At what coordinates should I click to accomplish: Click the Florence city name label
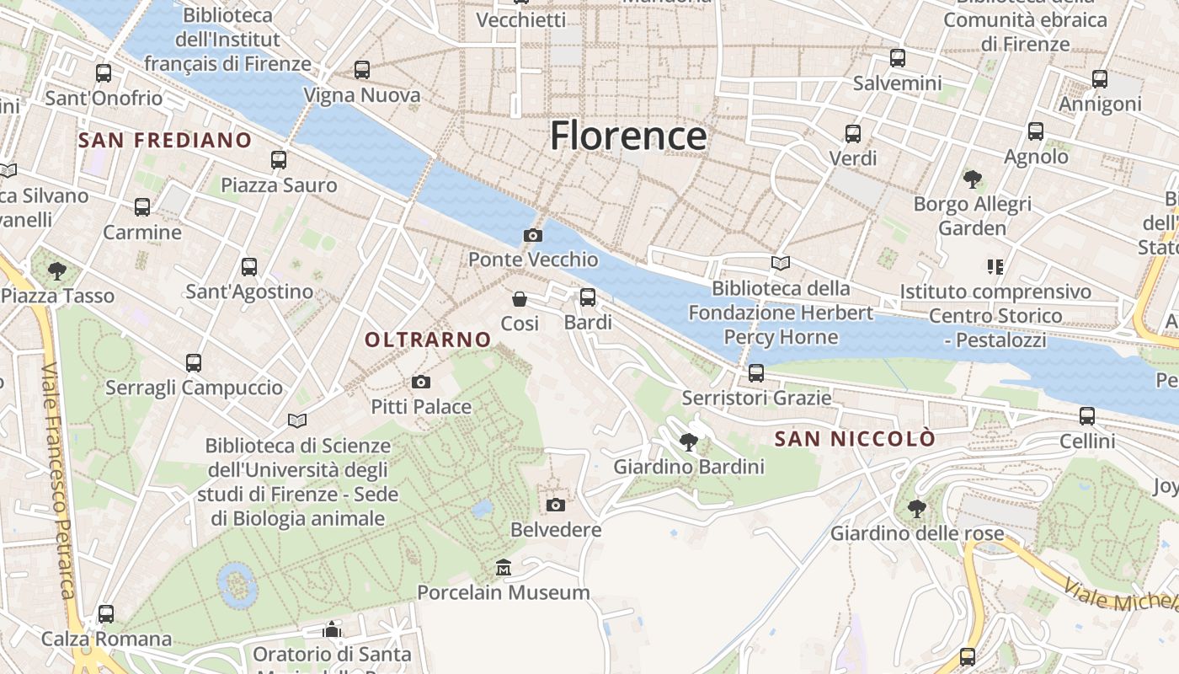(x=628, y=136)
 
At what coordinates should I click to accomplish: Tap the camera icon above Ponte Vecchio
(x=533, y=235)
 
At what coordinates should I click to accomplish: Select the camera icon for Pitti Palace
(x=421, y=382)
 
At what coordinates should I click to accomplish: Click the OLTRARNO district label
(x=428, y=340)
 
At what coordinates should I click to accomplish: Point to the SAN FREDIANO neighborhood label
(x=165, y=140)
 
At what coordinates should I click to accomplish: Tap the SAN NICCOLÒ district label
(x=855, y=439)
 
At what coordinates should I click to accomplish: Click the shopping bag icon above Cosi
(x=520, y=299)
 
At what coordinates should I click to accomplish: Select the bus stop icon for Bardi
(x=588, y=297)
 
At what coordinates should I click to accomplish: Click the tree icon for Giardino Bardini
(x=689, y=441)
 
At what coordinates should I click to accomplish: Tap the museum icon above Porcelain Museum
(x=504, y=567)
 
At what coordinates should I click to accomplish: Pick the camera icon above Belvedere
(x=556, y=505)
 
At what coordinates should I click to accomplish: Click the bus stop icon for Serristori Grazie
(x=756, y=373)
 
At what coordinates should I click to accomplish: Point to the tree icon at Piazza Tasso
(x=57, y=270)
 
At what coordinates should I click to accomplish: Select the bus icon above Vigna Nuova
(x=362, y=70)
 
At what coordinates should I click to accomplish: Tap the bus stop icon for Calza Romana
(x=106, y=614)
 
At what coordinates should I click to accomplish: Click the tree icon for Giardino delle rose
(x=917, y=509)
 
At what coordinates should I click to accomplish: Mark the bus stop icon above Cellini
(x=1087, y=416)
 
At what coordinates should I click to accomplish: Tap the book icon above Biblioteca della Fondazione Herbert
(x=781, y=264)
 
